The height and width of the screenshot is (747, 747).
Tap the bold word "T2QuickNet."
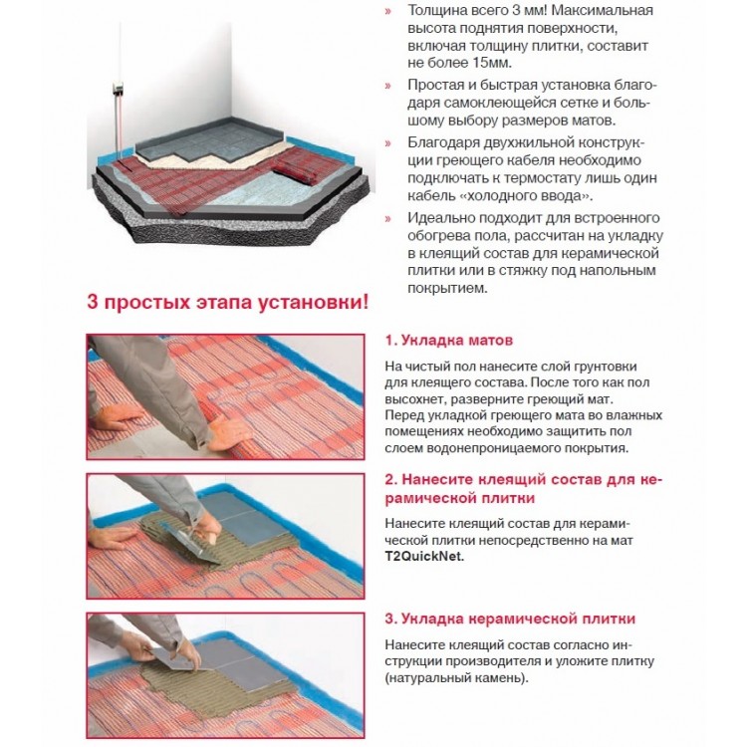pos(424,557)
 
